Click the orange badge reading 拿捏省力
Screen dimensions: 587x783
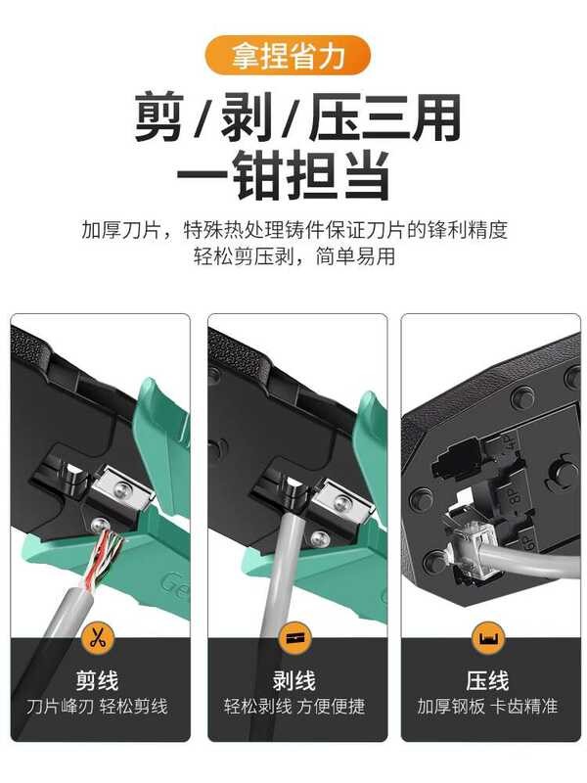[x=288, y=55]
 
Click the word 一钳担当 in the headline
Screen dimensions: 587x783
[x=283, y=176]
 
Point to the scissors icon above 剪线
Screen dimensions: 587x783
[x=98, y=638]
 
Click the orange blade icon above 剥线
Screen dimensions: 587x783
[x=295, y=638]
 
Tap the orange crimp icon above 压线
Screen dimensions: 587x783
[x=488, y=638]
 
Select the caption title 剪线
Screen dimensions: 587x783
[x=97, y=680]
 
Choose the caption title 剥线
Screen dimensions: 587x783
[x=294, y=680]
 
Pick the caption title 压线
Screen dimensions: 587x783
[x=487, y=680]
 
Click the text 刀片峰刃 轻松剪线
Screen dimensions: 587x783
[x=97, y=706]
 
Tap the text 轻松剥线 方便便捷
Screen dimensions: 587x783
[x=294, y=706]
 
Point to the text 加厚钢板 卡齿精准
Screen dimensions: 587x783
[x=487, y=706]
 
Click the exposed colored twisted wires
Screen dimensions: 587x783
[x=104, y=558]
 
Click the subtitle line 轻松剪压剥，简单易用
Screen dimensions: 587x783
[x=294, y=256]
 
